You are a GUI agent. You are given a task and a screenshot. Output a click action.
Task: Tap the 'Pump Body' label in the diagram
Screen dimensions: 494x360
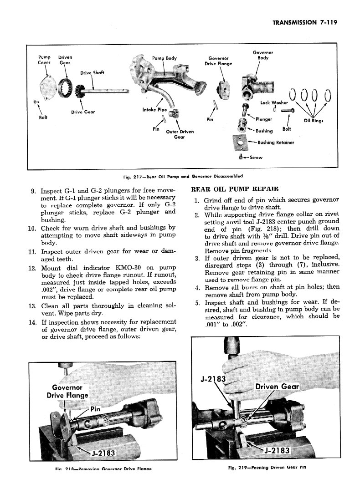[x=164, y=58]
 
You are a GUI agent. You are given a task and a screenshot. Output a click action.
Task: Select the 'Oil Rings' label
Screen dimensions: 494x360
[x=313, y=121]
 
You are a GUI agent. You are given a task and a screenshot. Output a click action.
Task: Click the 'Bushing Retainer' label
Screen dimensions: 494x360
[x=276, y=143]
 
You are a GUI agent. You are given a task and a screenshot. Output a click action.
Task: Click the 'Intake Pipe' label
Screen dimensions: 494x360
[x=154, y=109]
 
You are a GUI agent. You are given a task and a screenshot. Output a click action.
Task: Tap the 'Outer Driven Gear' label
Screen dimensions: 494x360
[x=180, y=134]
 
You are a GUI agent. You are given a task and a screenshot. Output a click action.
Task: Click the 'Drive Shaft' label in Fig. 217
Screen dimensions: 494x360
[x=92, y=73]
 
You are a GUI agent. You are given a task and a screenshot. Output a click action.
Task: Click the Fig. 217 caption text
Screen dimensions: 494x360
[x=181, y=176]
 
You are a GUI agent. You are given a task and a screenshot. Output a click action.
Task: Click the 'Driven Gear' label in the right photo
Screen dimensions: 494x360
[x=277, y=387]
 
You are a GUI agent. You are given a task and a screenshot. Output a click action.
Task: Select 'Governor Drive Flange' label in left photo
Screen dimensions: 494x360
[x=67, y=391]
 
